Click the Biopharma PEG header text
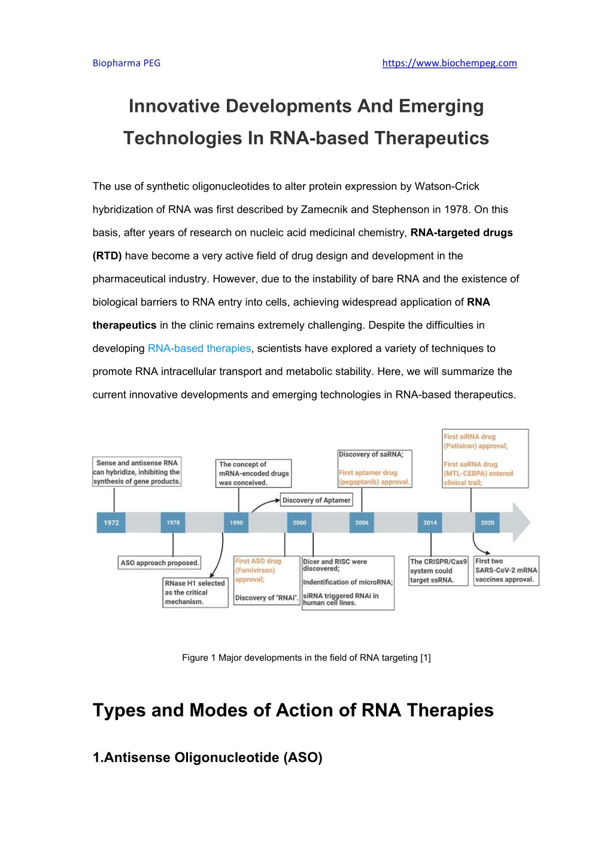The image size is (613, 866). [x=126, y=63]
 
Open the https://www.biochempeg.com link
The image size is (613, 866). [x=450, y=63]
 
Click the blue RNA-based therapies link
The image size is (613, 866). [x=199, y=348]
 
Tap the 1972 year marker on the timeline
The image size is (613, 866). [x=111, y=523]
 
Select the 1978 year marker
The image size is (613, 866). [x=173, y=523]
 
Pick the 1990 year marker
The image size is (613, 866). [x=236, y=523]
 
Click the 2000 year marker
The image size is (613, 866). [x=299, y=523]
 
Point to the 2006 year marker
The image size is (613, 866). [x=362, y=523]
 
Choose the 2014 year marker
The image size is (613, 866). [x=430, y=523]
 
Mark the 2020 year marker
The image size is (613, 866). [x=487, y=523]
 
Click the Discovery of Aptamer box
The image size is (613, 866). [x=316, y=500]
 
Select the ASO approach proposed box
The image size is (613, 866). [x=159, y=563]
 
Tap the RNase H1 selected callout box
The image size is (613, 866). [x=195, y=592]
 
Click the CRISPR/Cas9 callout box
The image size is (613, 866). [x=438, y=571]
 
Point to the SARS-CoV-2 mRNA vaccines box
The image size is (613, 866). [x=506, y=571]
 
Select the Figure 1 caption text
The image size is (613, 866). [x=306, y=658]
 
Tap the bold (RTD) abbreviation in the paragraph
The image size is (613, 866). [x=107, y=256]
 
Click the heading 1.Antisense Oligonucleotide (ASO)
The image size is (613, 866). [x=208, y=757]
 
